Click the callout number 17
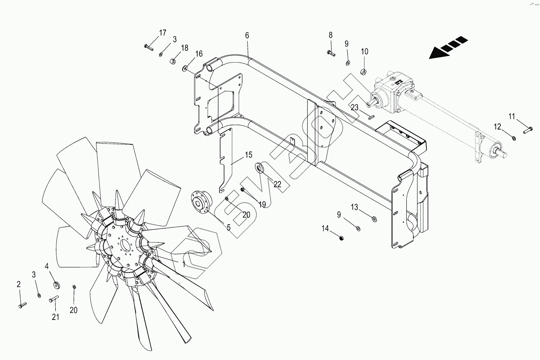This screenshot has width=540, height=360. tap(163, 33)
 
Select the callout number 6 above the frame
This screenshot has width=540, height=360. tap(247, 35)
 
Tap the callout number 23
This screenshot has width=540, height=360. tap(354, 107)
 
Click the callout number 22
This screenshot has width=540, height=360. tap(277, 184)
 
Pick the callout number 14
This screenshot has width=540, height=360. tap(325, 229)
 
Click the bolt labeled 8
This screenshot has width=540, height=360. tap(330, 53)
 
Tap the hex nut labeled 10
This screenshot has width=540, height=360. tap(363, 72)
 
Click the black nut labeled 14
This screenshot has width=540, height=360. tap(341, 238)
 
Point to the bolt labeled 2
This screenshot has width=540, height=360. tap(21, 304)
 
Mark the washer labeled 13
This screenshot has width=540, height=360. tap(373, 218)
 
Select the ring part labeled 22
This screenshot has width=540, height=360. tap(260, 168)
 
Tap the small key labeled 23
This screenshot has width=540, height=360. tap(371, 115)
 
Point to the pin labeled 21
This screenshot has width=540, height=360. tap(54, 299)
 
